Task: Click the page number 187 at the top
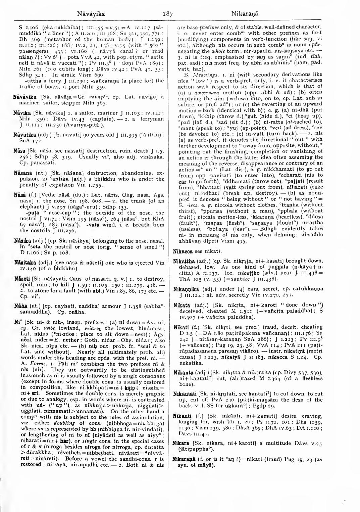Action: (x=167, y=14)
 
